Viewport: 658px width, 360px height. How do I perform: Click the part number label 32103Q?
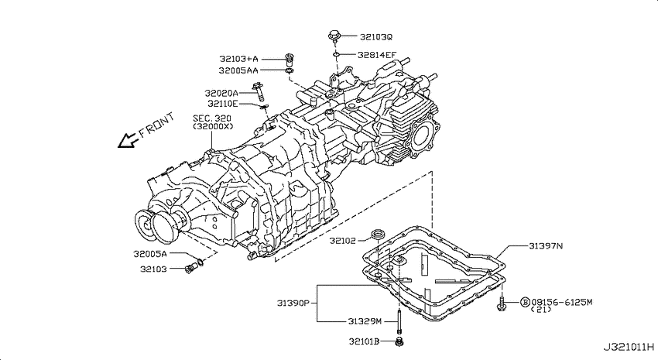coord(376,37)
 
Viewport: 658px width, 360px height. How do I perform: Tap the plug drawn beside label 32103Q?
coord(334,36)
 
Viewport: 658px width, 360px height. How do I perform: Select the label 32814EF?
coord(376,54)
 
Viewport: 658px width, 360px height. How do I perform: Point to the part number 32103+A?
coord(238,59)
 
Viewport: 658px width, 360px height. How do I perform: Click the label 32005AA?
coord(238,70)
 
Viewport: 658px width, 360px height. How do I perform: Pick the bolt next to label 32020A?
coord(259,92)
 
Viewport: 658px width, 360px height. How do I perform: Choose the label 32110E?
coord(222,104)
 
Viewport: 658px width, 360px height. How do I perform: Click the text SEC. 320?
coord(212,118)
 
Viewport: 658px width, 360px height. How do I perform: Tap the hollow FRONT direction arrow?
coord(128,141)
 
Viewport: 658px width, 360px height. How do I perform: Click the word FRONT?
coord(156,125)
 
